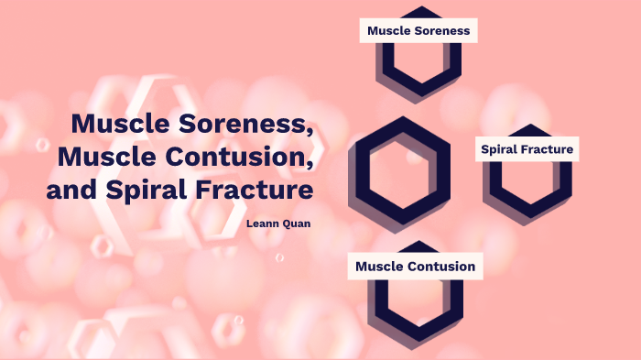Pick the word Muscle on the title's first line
click(x=112, y=123)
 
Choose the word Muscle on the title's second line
click(x=98, y=157)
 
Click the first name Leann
click(x=264, y=222)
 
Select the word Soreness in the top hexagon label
click(x=440, y=30)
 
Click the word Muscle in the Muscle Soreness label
click(x=387, y=30)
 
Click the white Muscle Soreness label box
click(x=418, y=30)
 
